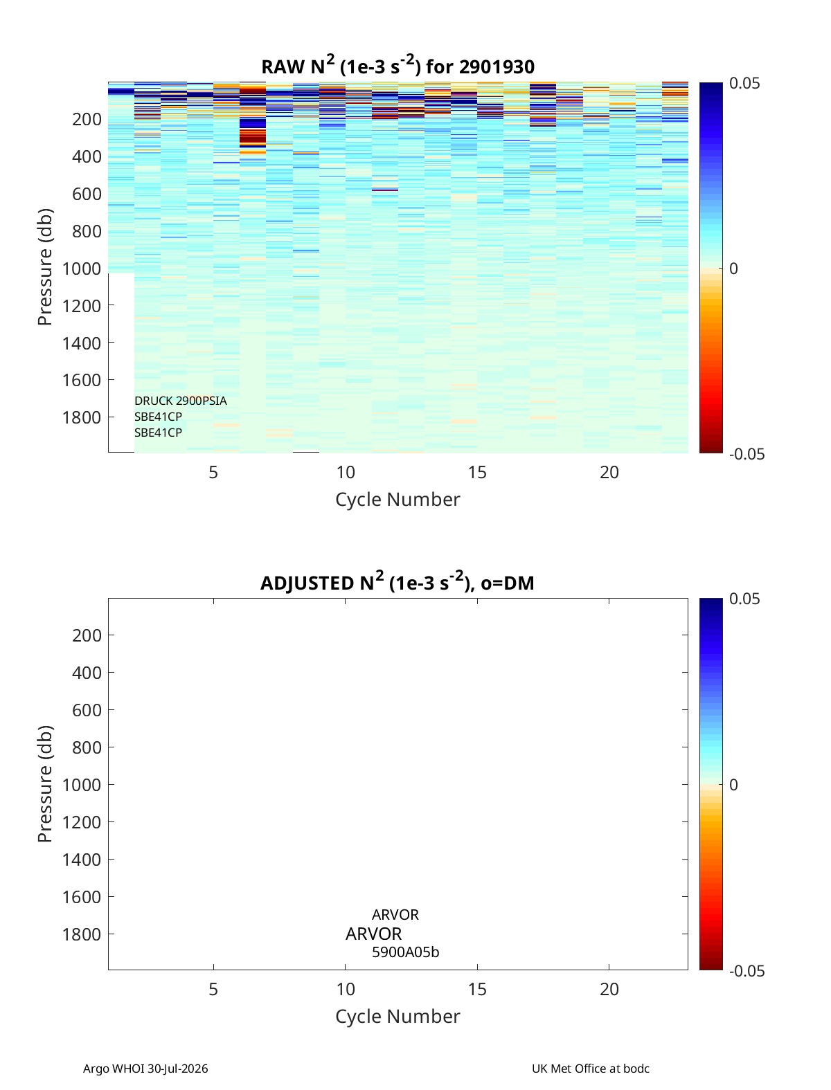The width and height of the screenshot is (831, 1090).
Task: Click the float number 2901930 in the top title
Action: point(497,67)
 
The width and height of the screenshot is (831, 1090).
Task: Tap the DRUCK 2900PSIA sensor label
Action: point(180,401)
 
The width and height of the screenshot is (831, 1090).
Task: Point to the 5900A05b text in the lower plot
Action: point(405,952)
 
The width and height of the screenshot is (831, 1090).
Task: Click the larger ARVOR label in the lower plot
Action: point(373,934)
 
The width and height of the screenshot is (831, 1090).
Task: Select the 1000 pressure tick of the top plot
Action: point(82,269)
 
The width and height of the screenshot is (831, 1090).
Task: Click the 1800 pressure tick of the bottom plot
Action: point(82,934)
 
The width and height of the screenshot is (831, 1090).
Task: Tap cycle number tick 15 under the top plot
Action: point(477,472)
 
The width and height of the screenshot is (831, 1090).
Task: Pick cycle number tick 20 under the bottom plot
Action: point(609,989)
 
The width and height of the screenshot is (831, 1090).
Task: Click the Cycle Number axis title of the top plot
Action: point(397,500)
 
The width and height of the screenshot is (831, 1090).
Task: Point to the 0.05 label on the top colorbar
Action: point(744,84)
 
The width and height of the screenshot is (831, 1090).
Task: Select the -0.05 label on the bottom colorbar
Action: point(747,971)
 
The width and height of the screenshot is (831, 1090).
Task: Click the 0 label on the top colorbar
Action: point(733,269)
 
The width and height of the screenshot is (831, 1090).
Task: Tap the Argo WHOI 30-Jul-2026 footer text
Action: point(145,1069)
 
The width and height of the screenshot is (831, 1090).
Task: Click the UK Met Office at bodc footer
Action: point(591,1069)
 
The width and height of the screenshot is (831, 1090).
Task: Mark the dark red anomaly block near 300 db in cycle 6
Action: point(252,138)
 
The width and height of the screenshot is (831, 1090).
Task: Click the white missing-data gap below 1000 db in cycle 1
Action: point(121,363)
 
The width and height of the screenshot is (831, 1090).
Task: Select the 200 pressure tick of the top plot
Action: point(87,119)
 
